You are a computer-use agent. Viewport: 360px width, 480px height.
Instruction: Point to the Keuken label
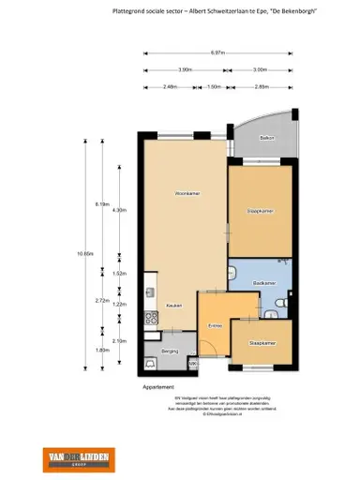173,306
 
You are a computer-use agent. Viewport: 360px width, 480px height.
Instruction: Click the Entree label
215,325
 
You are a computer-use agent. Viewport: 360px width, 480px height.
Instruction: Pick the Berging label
170,350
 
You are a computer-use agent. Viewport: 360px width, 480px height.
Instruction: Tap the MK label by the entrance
191,364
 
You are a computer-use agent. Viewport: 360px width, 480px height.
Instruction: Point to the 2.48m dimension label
169,87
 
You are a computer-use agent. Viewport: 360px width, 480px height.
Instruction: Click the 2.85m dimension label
262,87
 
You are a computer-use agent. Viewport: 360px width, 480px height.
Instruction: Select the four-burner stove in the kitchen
149,321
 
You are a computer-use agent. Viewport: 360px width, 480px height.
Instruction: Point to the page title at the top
212,11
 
